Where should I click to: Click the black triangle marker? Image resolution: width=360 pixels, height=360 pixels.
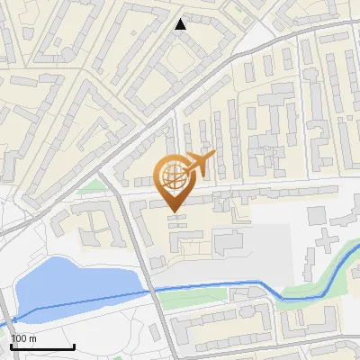(x=181, y=24)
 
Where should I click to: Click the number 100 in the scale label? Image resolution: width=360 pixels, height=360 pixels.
(x=19, y=338)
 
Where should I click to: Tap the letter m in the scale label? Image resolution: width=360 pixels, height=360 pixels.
(x=32, y=338)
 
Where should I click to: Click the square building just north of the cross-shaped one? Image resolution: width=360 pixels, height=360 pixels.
(x=316, y=216)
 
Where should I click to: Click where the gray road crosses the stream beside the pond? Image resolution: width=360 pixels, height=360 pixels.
(x=148, y=290)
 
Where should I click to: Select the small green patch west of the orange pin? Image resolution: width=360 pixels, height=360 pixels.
(x=93, y=186)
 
